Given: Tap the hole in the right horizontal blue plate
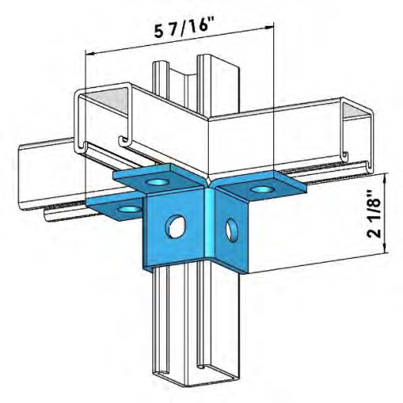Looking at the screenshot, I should point(260,189).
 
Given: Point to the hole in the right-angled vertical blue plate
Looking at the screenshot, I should point(233,230).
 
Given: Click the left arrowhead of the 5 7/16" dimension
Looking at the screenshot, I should point(89,54).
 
